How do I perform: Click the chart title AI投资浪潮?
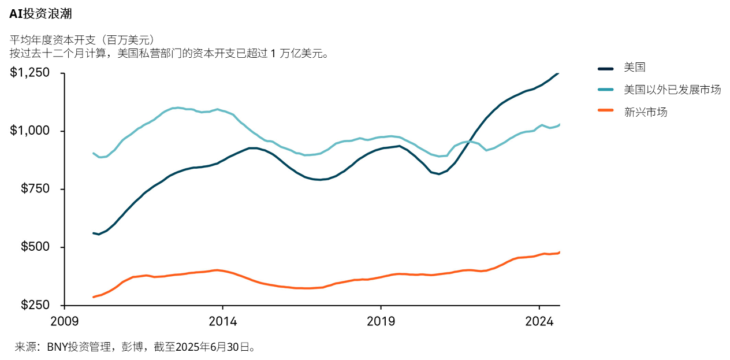coord(40,14)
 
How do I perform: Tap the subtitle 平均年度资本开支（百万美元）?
coord(81,40)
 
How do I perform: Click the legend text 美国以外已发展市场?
coord(672,90)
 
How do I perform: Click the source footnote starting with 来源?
coord(135,347)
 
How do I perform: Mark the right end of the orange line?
coord(559,253)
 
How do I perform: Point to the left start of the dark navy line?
coord(94,233)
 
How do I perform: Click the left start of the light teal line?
coord(94,153)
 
